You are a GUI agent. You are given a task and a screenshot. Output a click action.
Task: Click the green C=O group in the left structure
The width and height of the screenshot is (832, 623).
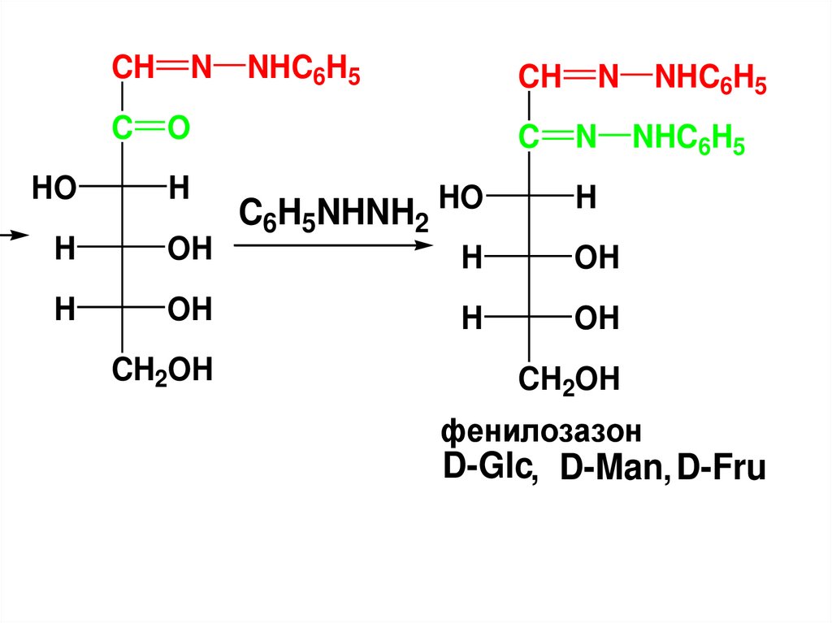click(x=150, y=128)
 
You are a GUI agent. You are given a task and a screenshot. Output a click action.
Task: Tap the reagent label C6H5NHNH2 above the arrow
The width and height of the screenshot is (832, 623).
click(x=333, y=214)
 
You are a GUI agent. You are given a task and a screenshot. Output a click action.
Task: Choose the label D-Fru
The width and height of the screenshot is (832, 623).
click(x=722, y=470)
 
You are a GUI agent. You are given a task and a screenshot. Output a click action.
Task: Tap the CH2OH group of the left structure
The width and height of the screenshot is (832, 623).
click(x=162, y=370)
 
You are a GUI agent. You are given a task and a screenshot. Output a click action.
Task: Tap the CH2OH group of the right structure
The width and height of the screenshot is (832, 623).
click(x=570, y=379)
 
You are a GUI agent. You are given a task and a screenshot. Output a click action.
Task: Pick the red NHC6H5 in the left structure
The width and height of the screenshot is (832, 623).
click(x=304, y=71)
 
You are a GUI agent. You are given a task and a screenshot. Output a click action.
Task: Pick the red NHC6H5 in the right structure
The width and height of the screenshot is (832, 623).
click(x=711, y=80)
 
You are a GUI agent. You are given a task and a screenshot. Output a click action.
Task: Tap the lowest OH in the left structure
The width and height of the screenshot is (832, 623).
click(x=189, y=309)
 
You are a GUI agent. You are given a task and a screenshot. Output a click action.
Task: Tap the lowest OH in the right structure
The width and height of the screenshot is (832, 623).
click(x=596, y=318)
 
